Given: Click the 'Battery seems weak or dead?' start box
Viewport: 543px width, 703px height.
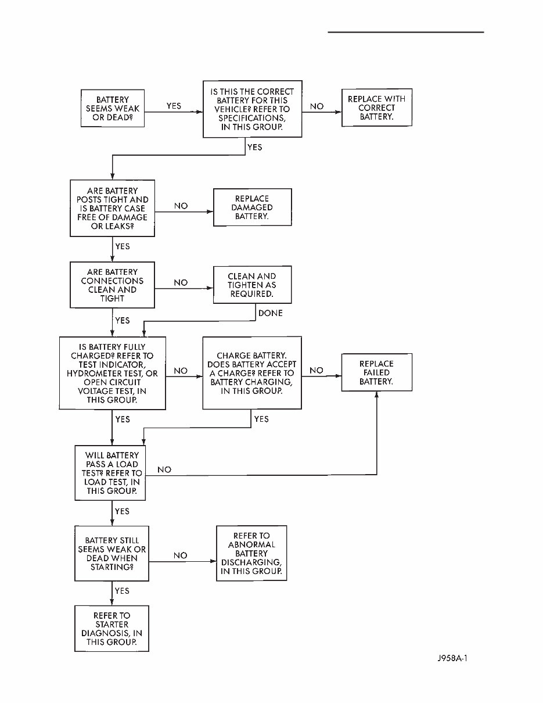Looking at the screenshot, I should pos(112,109).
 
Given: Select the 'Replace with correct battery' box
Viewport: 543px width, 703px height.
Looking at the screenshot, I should pos(376,108).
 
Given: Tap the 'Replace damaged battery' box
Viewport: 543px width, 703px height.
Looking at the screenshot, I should pos(253,207).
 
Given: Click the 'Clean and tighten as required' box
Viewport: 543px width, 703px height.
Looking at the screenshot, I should pos(252,285).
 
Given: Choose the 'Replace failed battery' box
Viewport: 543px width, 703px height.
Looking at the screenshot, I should pos(376,372).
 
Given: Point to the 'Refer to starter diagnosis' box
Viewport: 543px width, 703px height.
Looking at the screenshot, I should pos(112,629).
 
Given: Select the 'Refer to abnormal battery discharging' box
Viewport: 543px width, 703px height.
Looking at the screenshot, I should pos(251,553).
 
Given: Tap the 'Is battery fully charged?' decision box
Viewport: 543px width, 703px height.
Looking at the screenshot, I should pos(112,373).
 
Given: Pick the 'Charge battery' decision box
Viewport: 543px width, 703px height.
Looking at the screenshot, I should pos(252,373).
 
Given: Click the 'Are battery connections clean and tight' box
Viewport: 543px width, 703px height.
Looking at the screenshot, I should pos(113,285).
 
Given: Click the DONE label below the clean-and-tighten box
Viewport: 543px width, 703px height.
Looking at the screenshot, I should pos(270,313).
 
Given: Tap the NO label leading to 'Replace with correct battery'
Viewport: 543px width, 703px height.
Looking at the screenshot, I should pos(317,107).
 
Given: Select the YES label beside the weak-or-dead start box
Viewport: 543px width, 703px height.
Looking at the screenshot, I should pos(174,106).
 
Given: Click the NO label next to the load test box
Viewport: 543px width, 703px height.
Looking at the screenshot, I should pos(164,469).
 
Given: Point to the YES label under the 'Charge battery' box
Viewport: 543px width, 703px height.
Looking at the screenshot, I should pos(261,419).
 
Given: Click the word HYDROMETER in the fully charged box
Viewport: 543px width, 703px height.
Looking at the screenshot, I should pos(93,374).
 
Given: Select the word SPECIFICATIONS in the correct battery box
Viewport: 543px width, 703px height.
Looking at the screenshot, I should pos(252,117).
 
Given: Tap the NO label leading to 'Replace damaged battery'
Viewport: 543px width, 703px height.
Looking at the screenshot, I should pos(181,206).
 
